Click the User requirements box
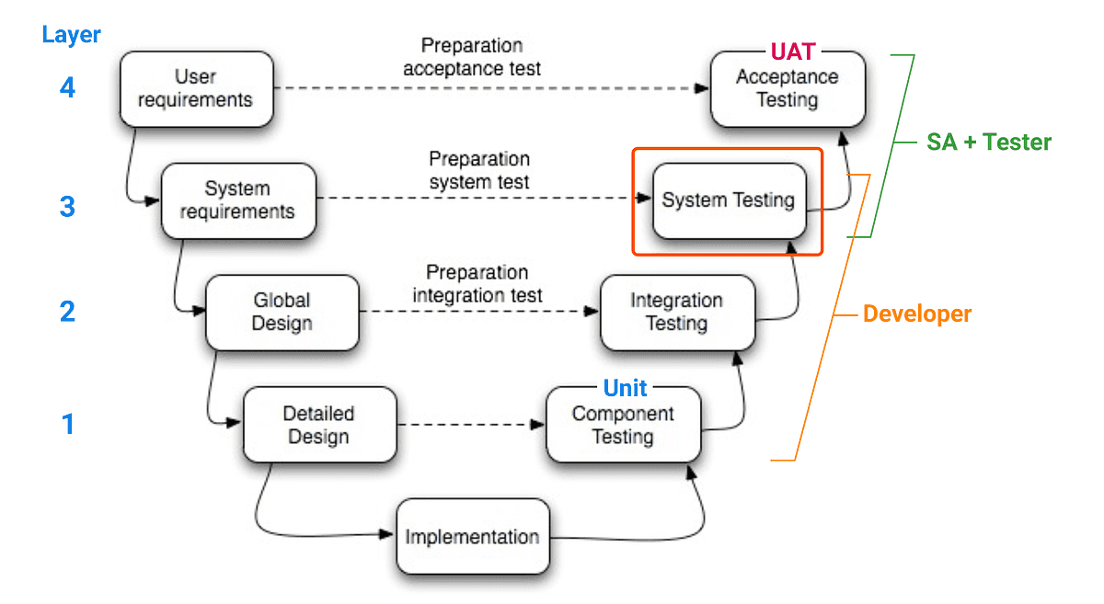196,88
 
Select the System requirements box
237,200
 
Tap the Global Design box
282,312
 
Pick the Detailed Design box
319,425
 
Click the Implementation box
472,537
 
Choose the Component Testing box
623,426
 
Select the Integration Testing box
676,313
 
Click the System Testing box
728,200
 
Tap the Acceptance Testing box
788,89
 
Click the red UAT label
792,52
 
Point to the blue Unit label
625,388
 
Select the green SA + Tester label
989,142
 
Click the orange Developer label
916,313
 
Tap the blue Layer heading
71,36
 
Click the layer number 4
67,89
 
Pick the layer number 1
67,425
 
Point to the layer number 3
67,206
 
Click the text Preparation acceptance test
472,57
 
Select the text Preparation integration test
477,284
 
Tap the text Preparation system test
479,171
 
